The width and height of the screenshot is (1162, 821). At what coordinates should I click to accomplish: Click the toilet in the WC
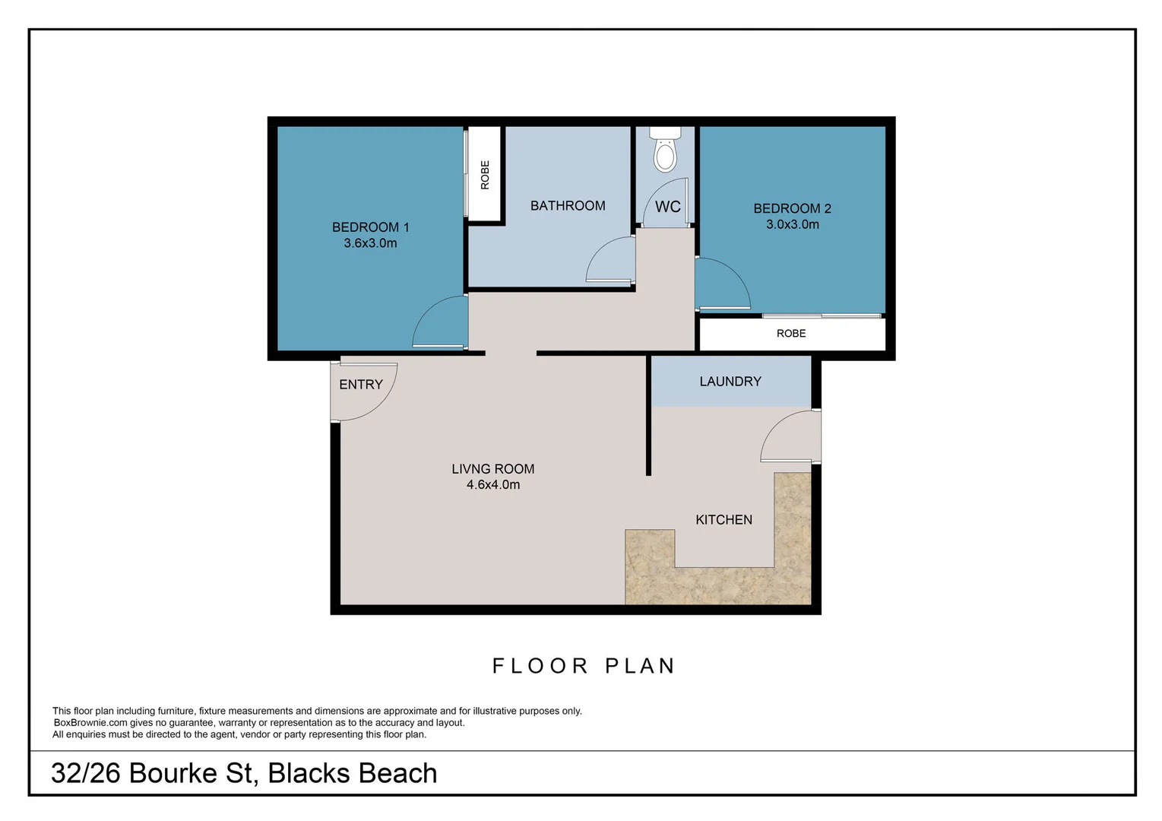coord(666,152)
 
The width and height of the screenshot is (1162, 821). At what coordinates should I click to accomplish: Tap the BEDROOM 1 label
coord(370,227)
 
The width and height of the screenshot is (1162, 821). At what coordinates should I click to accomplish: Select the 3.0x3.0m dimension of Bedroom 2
coord(792,224)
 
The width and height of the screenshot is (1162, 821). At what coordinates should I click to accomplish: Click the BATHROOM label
coord(568,205)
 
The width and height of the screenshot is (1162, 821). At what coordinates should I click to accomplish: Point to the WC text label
coord(667,207)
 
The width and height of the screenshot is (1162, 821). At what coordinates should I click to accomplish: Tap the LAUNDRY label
coord(730,382)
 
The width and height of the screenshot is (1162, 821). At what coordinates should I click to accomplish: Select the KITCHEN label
coord(723,520)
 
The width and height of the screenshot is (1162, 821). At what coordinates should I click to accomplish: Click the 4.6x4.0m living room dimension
coord(493,485)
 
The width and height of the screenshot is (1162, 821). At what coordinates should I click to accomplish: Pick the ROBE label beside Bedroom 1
coord(485,175)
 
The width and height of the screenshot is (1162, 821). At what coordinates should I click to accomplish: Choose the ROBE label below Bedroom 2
coord(791,334)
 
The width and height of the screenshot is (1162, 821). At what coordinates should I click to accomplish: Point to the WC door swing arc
coord(665,199)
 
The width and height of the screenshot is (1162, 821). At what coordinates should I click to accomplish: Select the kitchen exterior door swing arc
coord(787,435)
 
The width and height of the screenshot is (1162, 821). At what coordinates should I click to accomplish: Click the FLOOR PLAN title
coord(584,666)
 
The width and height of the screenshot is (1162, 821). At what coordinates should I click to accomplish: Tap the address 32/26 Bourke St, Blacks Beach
coord(244,773)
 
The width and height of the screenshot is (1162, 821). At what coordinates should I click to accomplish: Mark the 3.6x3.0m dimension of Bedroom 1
coord(370,243)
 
